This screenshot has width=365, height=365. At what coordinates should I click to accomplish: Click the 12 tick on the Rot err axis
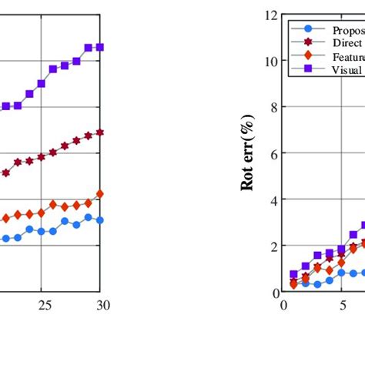(x=270, y=15)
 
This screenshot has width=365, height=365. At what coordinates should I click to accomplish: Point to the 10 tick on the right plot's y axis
(x=270, y=61)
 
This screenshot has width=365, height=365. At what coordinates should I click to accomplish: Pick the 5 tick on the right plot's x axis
(x=342, y=305)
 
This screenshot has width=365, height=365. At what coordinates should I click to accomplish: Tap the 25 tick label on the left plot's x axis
(x=45, y=305)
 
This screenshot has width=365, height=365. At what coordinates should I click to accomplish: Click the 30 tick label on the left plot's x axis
(x=103, y=305)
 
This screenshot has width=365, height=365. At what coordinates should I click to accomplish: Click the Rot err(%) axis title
(x=248, y=153)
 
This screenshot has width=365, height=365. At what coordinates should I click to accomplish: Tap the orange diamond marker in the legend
(x=308, y=55)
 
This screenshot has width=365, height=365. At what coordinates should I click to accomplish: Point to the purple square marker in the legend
(x=308, y=69)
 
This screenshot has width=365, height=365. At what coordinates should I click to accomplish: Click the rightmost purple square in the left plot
(x=100, y=47)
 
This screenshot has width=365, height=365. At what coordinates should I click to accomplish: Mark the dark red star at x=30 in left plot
(x=100, y=132)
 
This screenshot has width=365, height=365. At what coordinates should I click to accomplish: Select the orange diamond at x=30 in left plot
(x=100, y=194)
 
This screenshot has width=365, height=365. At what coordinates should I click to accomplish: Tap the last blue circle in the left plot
(x=100, y=220)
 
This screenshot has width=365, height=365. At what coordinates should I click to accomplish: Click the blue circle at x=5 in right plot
(x=342, y=273)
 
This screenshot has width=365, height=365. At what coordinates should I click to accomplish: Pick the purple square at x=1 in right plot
(x=293, y=274)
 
